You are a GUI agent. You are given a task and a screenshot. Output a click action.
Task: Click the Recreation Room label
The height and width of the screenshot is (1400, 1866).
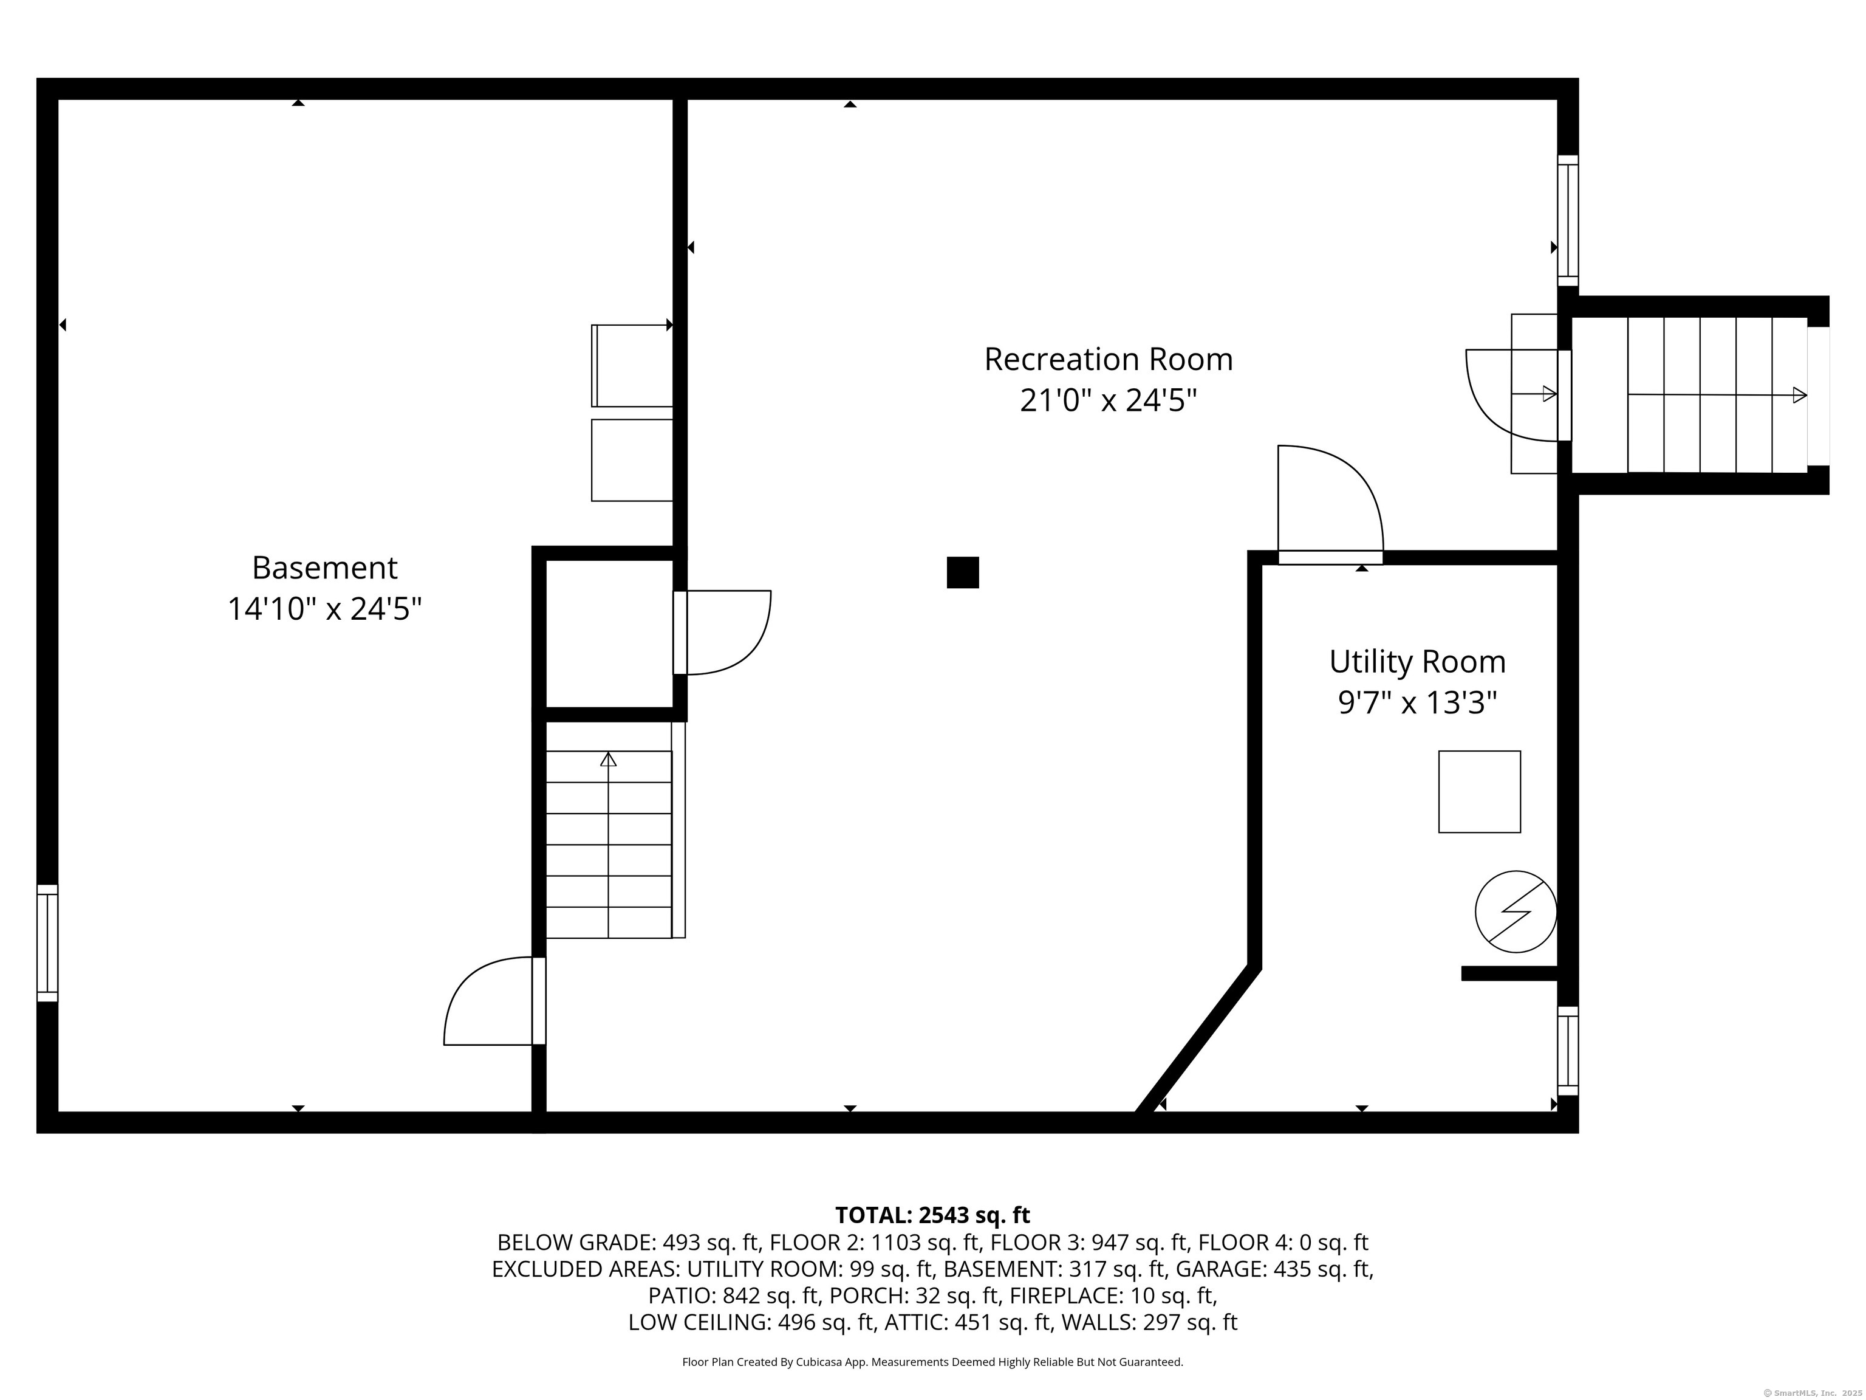click(1107, 360)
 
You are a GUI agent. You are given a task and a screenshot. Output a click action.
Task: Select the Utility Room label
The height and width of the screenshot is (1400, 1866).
click(1417, 662)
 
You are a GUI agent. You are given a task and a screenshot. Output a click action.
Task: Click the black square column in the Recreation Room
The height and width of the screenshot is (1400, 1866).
click(963, 572)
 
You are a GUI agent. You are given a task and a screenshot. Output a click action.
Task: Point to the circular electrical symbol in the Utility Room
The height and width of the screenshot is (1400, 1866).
click(1515, 912)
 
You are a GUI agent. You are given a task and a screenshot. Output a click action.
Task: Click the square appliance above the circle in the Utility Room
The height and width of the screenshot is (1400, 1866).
click(1479, 792)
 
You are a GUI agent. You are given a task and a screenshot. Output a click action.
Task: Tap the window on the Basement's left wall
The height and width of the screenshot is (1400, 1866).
click(48, 942)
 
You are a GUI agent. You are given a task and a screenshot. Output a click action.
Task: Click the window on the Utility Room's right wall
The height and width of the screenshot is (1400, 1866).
click(1567, 1051)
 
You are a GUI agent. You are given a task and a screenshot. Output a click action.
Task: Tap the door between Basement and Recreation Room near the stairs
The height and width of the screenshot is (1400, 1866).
click(493, 1004)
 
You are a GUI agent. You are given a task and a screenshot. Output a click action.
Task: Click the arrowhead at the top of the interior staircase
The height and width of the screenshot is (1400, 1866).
click(608, 759)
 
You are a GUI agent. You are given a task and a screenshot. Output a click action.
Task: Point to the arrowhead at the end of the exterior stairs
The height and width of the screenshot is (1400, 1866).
click(1799, 394)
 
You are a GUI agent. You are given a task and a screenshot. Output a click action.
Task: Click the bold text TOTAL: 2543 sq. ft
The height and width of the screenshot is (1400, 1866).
click(932, 1215)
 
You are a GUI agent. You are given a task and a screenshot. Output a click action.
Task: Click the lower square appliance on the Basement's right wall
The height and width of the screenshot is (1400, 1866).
click(632, 460)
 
